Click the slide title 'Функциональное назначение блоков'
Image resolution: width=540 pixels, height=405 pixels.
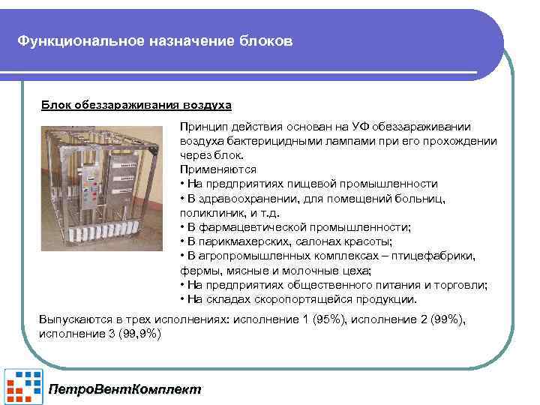[x=156, y=40]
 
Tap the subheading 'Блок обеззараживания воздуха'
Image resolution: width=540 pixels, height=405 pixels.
[x=136, y=104]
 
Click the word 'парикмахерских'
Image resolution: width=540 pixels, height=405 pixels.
[x=245, y=241]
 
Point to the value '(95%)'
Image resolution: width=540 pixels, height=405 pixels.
[x=329, y=319]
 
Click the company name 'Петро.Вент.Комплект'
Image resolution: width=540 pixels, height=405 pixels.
[x=124, y=389]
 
